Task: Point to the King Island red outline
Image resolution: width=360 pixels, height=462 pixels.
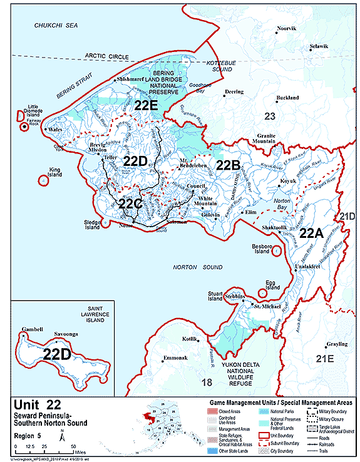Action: [43, 180]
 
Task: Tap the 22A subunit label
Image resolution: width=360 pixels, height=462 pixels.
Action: [311, 234]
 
